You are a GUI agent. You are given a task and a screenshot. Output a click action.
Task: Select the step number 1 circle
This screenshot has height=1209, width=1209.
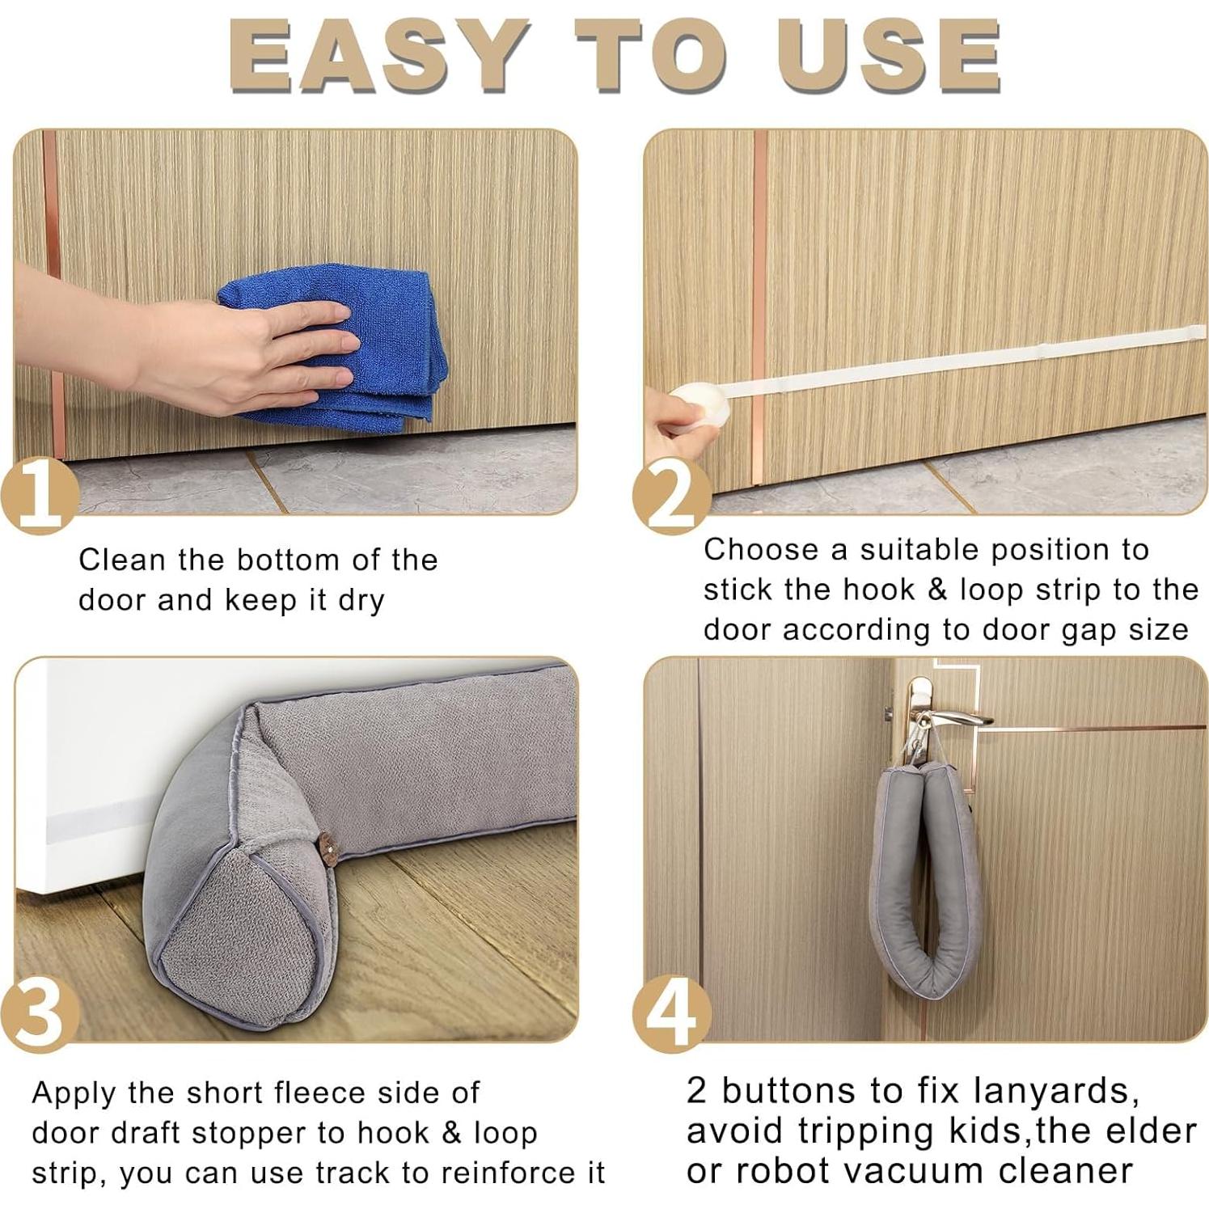point(40,493)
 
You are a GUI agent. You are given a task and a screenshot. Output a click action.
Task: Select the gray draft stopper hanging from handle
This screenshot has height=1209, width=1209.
point(926,881)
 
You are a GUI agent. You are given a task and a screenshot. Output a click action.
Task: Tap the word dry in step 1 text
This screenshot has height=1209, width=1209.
point(361,601)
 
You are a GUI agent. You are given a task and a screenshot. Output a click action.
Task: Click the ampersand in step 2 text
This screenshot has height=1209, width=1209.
point(937,590)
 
